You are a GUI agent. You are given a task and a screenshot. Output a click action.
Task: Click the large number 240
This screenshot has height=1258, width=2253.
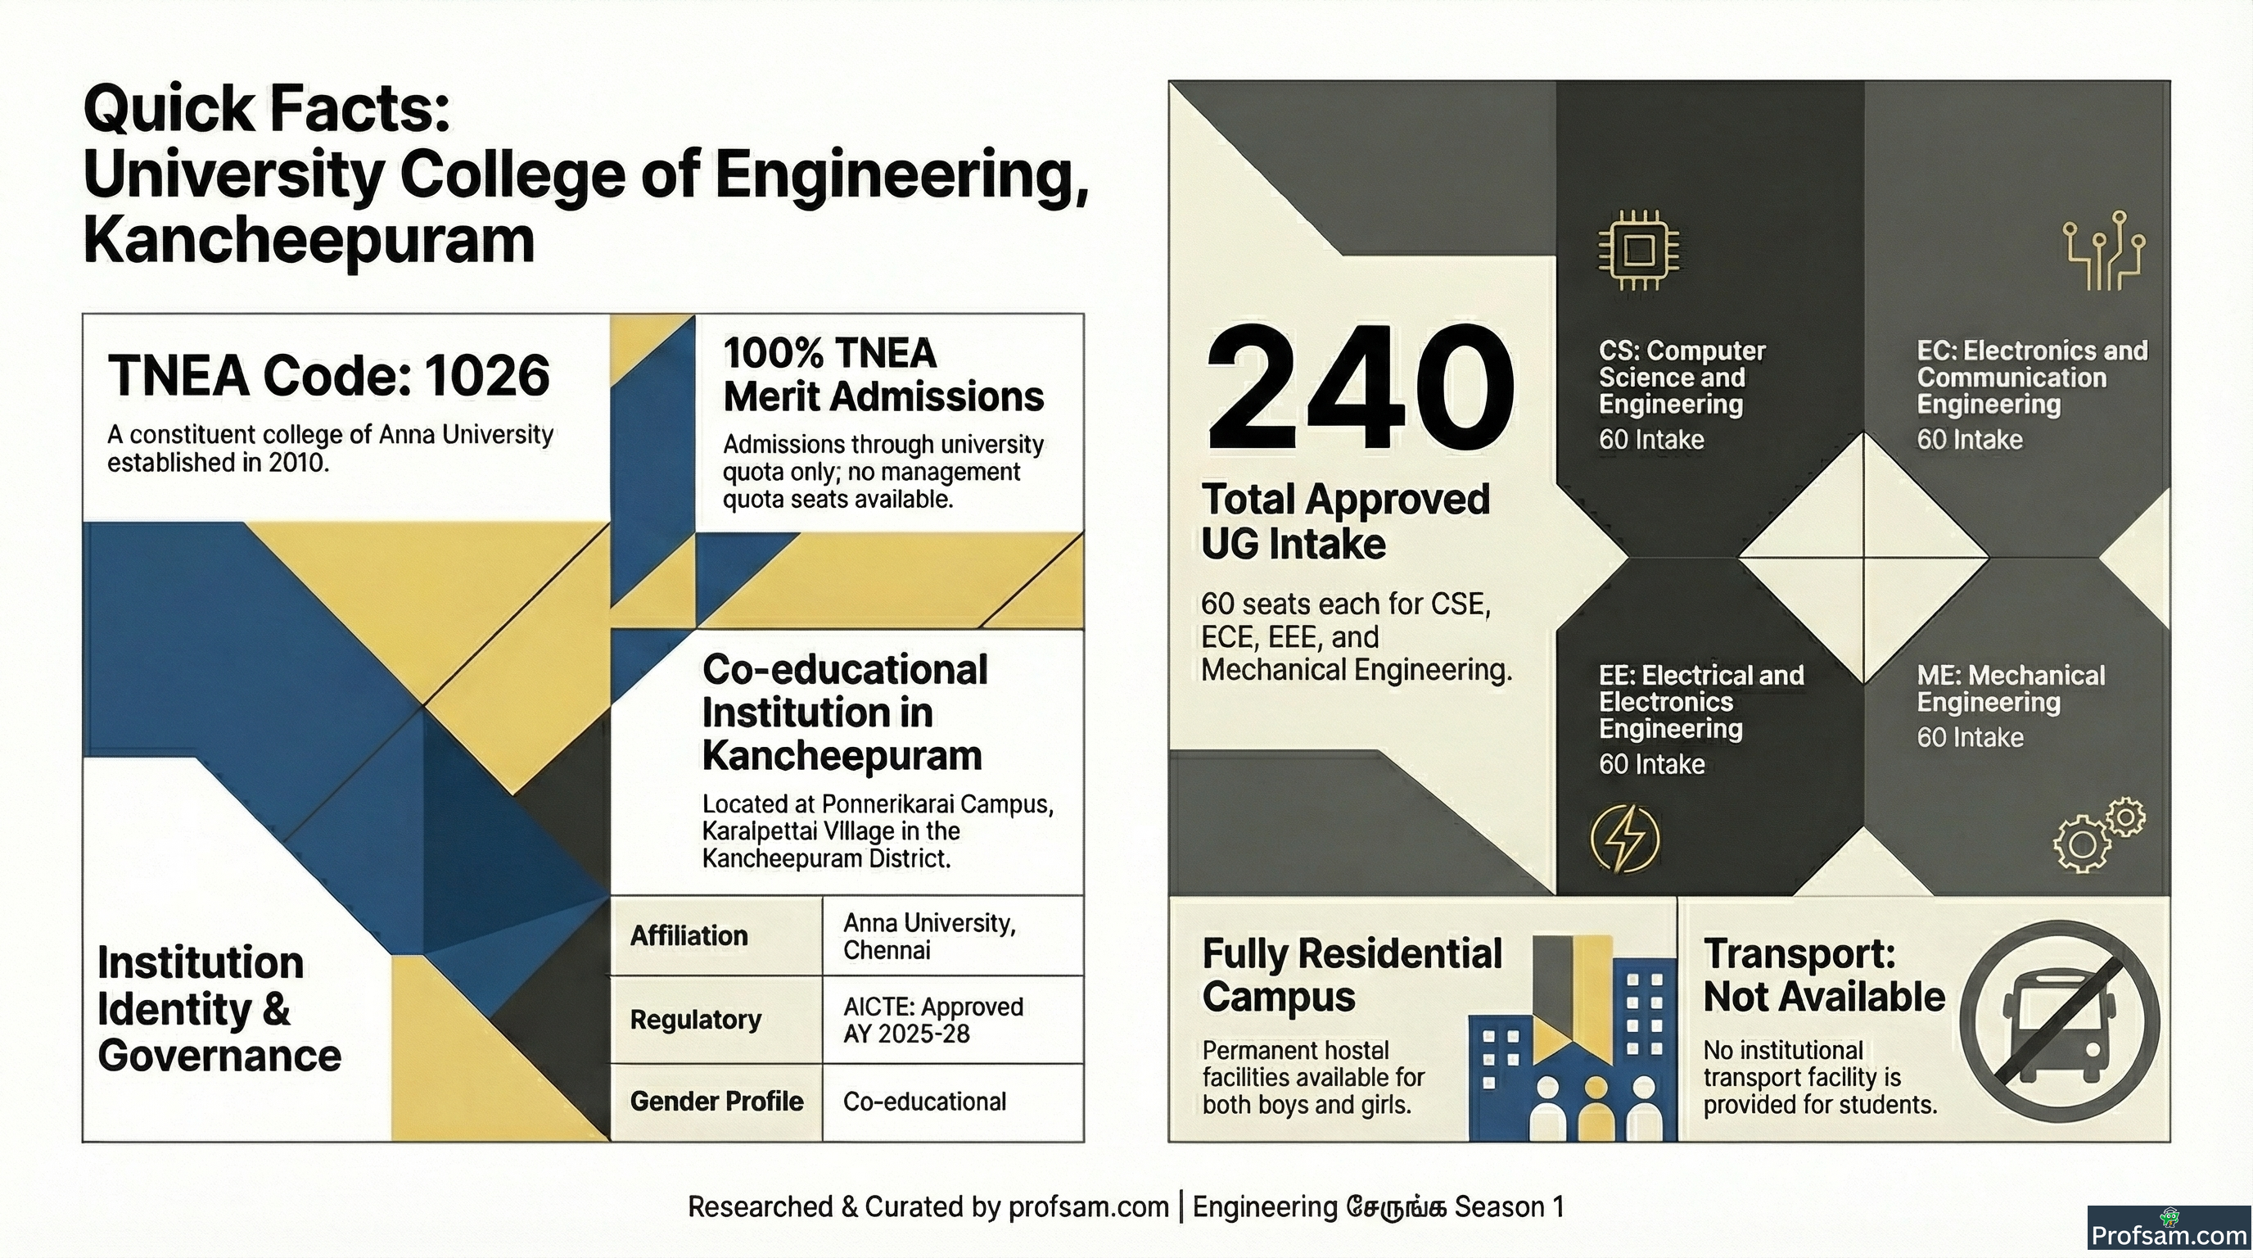pos(1360,387)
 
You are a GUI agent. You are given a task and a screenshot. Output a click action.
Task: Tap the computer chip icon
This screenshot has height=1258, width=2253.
pos(1638,250)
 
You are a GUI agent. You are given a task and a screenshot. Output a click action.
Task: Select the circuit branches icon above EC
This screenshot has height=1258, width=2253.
pos(2103,250)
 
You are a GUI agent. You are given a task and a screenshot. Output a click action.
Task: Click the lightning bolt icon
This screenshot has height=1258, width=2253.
pos(1625,838)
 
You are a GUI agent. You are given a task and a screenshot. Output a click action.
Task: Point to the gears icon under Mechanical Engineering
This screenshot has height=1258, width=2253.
pos(2098,835)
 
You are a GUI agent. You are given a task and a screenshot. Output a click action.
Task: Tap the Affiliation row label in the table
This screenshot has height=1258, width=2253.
pos(689,935)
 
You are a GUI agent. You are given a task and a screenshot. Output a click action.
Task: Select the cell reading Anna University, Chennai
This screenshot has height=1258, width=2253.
pos(929,936)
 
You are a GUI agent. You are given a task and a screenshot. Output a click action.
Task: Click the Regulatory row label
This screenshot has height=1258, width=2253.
pos(695,1019)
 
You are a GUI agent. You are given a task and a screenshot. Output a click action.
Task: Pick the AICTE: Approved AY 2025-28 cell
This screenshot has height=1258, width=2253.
pos(932,1020)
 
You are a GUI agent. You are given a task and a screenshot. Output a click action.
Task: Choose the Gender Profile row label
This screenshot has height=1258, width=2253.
pos(716,1102)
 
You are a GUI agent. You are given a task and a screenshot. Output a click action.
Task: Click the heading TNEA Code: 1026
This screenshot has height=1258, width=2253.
pos(329,376)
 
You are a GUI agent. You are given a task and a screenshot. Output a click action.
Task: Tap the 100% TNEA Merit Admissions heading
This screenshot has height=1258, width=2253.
pos(883,375)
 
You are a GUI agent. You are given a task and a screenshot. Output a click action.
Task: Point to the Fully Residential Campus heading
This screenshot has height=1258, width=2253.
pos(1352,975)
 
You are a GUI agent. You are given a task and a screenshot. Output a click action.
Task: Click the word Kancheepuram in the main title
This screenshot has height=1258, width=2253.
pos(309,241)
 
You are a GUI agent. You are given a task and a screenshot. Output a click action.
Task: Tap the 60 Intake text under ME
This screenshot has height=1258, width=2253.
pos(1970,737)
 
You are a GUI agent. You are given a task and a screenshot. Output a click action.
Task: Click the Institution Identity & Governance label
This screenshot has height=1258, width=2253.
pos(219,1009)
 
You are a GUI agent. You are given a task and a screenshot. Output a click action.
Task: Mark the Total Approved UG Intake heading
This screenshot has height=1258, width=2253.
pos(1345,522)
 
